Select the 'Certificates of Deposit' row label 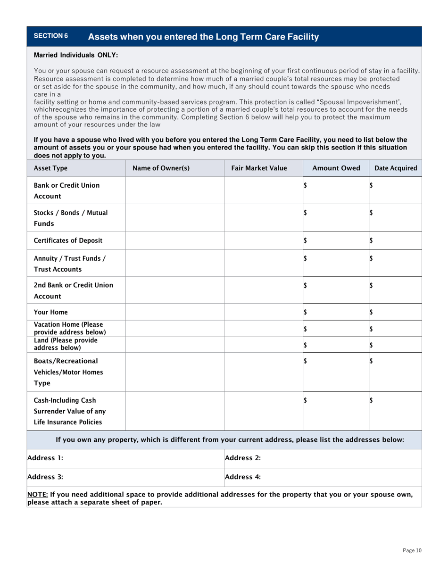pyautogui.click(x=68, y=240)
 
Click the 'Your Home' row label pyautogui.click(x=51, y=312)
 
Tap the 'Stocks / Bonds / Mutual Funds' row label pyautogui.click(x=70, y=217)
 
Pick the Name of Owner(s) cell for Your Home pyautogui.click(x=174, y=312)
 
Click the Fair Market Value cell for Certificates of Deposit pyautogui.click(x=263, y=240)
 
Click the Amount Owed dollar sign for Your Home pyautogui.click(x=305, y=312)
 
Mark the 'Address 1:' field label pyautogui.click(x=45, y=458)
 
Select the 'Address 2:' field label pyautogui.click(x=243, y=458)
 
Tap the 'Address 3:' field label pyautogui.click(x=45, y=477)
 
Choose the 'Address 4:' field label pyautogui.click(x=243, y=477)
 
